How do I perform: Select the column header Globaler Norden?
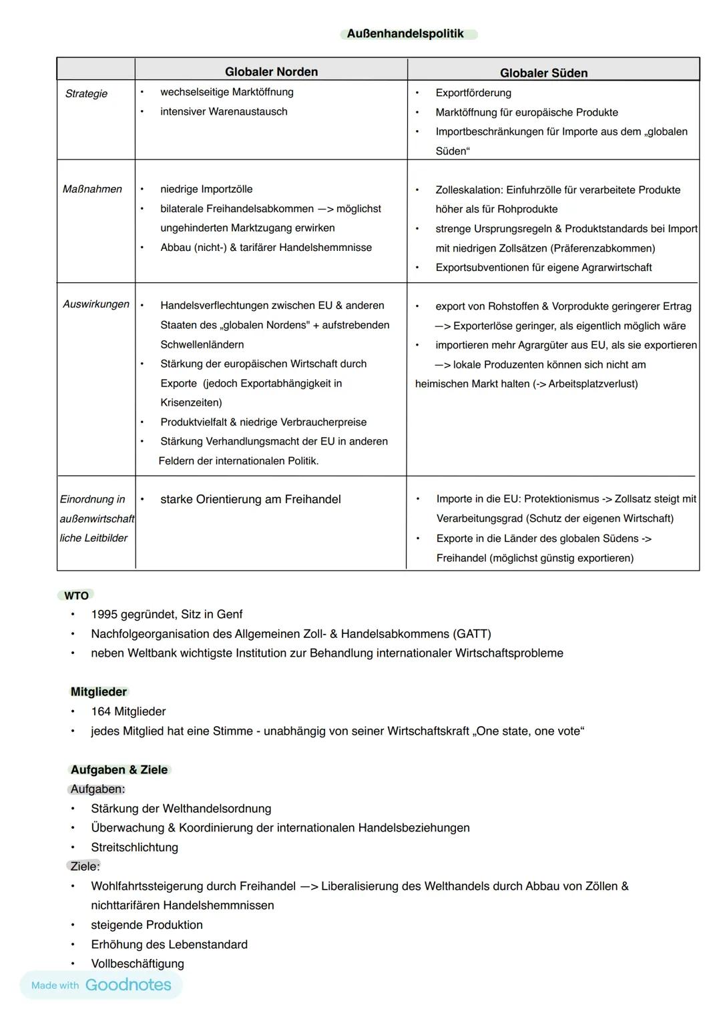click(x=271, y=72)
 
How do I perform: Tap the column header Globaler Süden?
click(x=543, y=73)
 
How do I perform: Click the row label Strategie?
click(x=86, y=93)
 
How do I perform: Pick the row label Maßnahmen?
click(x=92, y=190)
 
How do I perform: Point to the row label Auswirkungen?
click(x=96, y=304)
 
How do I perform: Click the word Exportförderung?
click(x=473, y=93)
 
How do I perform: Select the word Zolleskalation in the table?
click(x=469, y=190)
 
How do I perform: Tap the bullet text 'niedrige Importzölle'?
click(x=206, y=190)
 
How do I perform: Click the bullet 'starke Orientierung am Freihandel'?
click(x=250, y=499)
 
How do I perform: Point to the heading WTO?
click(x=76, y=595)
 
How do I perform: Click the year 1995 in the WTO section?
click(x=104, y=614)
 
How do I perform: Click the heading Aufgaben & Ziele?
click(x=119, y=770)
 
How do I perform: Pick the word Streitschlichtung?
click(x=134, y=847)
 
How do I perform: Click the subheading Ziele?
click(x=85, y=866)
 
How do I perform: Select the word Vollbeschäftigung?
click(x=138, y=964)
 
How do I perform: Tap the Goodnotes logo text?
click(x=128, y=985)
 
